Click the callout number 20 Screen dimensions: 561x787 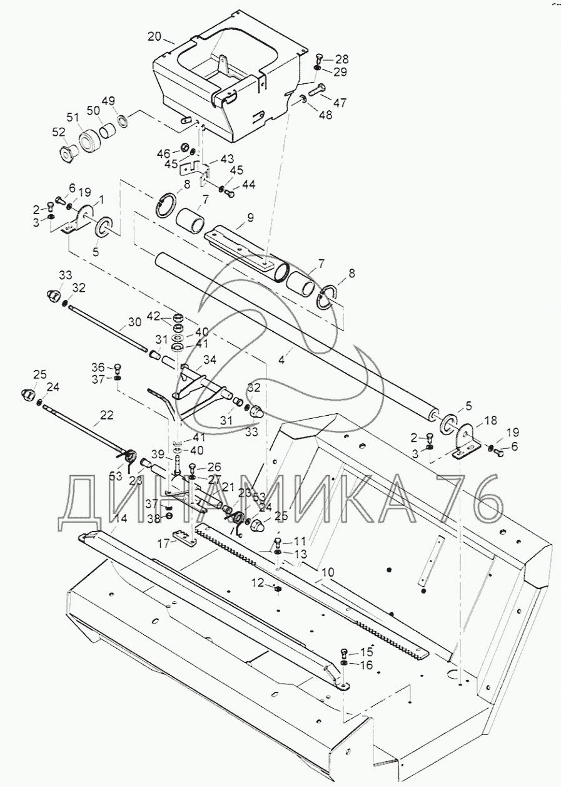pyautogui.click(x=154, y=36)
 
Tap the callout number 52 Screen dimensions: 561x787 pyautogui.click(x=58, y=133)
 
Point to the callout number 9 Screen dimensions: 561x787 pyautogui.click(x=250, y=218)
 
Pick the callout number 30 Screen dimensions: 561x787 pyautogui.click(x=134, y=322)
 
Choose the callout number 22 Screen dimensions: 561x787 pyautogui.click(x=106, y=414)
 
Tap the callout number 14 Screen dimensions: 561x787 pyautogui.click(x=121, y=518)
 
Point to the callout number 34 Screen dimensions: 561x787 pyautogui.click(x=210, y=359)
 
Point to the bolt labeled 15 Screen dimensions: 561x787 pyautogui.click(x=343, y=651)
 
